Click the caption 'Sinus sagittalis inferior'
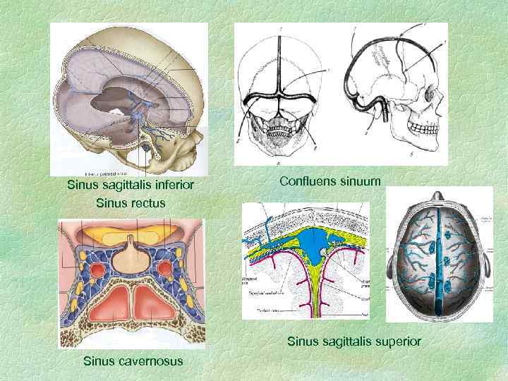tap(130, 186)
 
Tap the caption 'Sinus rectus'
tap(130, 202)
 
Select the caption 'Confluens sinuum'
tap(330, 181)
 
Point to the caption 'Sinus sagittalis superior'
tap(353, 341)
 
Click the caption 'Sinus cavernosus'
tap(133, 361)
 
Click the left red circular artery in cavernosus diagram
tap(94, 270)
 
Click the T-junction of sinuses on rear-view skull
tap(281, 92)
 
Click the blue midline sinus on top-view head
tap(444, 268)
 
